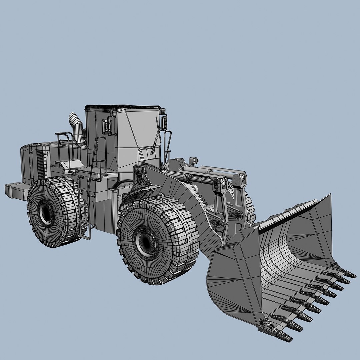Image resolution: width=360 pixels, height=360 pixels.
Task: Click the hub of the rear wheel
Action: pos(45,213)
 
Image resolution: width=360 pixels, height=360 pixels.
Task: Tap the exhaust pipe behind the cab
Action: pos(76,127)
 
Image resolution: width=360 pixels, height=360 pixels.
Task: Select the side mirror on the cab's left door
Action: pos(107,126)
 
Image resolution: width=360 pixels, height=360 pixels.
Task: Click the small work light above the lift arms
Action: pos(192,160)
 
